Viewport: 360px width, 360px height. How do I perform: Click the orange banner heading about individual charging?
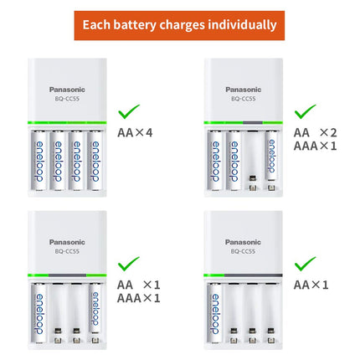coord(179,25)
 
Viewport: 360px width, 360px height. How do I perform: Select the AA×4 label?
coord(135,131)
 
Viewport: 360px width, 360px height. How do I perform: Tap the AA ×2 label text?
coord(315,132)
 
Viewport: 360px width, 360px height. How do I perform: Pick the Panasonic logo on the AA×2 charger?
coord(243,90)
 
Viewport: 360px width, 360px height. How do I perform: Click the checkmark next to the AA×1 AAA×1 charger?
coord(129,264)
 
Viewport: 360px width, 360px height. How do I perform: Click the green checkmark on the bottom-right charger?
coord(306,264)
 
